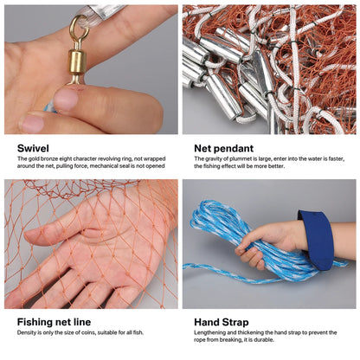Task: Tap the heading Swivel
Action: coord(33,148)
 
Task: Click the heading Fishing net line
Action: coord(55,323)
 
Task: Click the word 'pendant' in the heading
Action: coord(235,148)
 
